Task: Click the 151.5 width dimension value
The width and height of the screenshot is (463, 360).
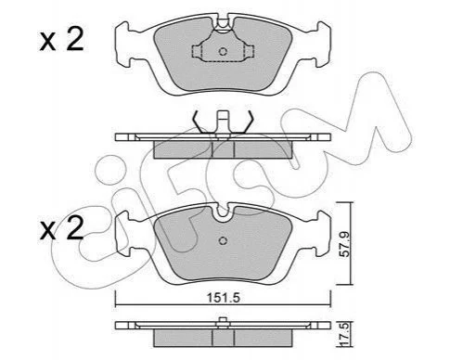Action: [x=224, y=298]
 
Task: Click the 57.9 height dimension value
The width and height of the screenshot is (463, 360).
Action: [x=344, y=244]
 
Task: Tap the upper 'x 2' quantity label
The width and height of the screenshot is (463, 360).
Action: [x=61, y=40]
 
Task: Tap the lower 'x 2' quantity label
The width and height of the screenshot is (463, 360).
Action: [x=61, y=229]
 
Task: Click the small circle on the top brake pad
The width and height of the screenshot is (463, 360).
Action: [x=223, y=51]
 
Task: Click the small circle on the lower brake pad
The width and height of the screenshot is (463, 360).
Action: [x=223, y=240]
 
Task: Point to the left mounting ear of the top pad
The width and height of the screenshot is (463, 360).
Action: [x=122, y=44]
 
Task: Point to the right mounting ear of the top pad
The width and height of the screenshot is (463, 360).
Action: [x=323, y=44]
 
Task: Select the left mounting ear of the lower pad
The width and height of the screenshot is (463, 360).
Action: [x=122, y=233]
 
